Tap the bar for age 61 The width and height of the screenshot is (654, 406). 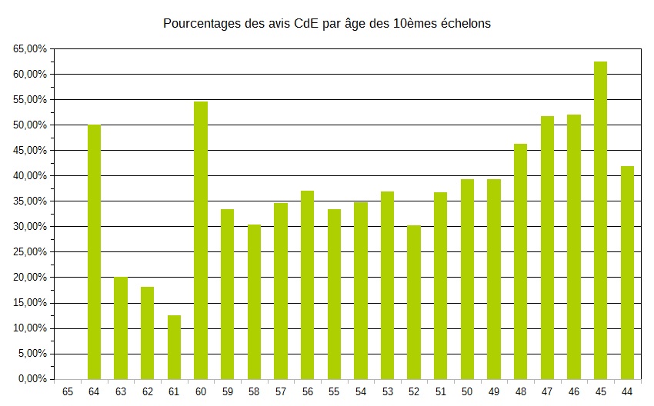coord(174,347)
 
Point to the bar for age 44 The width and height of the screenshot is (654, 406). coord(627,272)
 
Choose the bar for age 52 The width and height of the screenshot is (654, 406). coord(414,302)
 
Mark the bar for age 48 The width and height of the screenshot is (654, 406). coord(521,261)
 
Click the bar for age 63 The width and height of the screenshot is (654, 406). coord(121,328)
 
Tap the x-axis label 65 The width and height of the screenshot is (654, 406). coord(68,391)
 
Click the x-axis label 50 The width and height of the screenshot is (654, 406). coord(467,391)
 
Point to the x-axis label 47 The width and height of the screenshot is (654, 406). coord(547,391)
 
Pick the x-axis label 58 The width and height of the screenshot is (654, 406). coord(254,391)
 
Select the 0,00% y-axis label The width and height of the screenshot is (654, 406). coord(32,379)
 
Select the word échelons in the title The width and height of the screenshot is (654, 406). coord(464,24)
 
